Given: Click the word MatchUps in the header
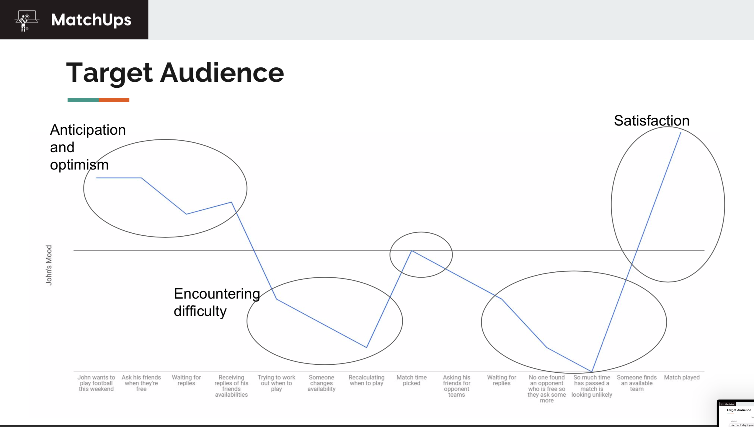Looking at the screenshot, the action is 91,20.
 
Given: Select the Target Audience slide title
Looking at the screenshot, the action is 175,73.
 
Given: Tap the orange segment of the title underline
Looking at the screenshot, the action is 114,100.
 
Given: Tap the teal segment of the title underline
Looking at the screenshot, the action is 83,100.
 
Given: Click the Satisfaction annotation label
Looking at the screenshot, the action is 652,120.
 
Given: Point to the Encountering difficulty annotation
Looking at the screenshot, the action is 216,302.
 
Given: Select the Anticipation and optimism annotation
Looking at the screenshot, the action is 88,147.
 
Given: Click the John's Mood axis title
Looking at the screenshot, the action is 49,265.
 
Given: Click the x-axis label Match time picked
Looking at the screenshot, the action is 411,380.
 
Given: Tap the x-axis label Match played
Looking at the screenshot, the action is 682,377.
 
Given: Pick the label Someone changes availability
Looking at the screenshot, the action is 321,383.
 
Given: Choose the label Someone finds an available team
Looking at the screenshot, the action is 637,383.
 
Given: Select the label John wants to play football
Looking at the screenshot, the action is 96,383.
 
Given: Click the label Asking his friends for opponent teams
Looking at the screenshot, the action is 456,386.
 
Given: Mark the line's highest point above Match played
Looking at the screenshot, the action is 681,133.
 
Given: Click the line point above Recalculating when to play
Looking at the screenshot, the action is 366,347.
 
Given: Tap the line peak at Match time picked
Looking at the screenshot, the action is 412,251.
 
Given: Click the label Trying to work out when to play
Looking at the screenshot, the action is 276,383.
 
